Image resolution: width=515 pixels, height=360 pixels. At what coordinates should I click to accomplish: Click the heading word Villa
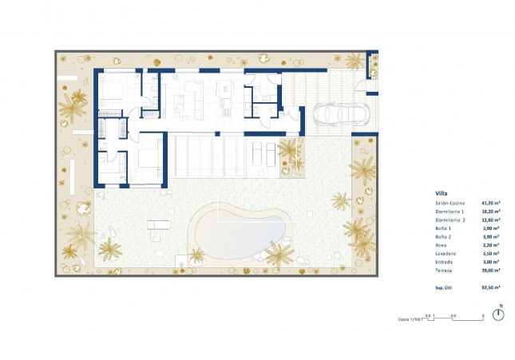442,194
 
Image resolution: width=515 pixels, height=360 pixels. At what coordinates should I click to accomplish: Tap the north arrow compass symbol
499,314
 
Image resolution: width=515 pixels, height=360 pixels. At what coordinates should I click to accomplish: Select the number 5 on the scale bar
483,315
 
